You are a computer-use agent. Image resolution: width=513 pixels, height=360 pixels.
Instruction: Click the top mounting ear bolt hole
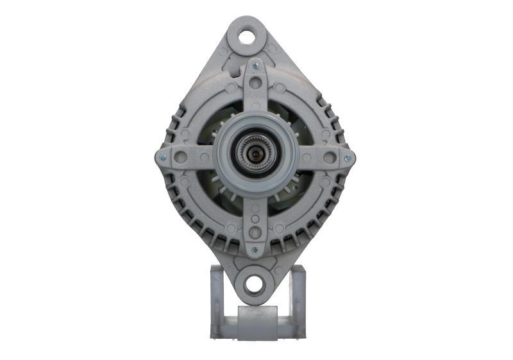247,36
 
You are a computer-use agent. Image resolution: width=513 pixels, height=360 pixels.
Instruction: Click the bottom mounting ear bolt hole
255,283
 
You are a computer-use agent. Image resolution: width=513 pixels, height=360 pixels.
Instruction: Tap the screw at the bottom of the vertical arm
255,250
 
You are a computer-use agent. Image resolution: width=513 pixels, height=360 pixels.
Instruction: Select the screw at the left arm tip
162,157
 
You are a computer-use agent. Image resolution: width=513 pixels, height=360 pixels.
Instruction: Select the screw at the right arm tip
348,158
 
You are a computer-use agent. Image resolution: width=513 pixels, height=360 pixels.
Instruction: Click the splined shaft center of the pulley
255,155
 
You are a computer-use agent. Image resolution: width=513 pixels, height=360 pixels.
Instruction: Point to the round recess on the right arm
330,158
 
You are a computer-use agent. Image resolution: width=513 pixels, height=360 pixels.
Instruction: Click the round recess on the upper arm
255,83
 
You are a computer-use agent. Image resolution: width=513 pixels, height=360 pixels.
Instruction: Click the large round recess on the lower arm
255,232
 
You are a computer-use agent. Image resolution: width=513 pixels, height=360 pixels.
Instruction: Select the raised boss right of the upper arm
280,88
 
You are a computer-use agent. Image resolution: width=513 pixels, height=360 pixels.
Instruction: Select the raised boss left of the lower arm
231,228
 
